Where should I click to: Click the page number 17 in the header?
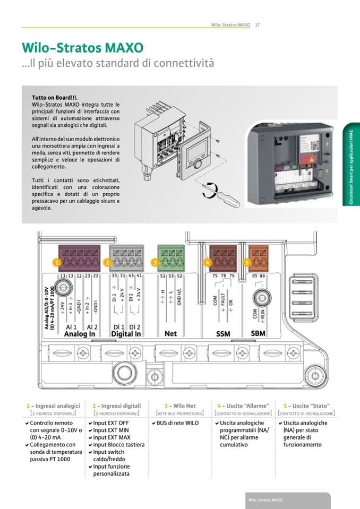click(257, 24)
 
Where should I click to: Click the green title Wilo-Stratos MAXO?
click(82, 48)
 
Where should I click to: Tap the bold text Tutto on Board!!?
click(55, 98)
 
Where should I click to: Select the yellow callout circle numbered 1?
click(56, 262)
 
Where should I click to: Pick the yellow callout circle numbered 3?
click(155, 262)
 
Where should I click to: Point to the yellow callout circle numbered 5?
click(246, 262)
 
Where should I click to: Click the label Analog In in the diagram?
click(80, 334)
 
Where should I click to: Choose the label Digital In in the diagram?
click(126, 334)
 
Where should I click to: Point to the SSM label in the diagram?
click(223, 334)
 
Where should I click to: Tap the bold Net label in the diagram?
click(170, 334)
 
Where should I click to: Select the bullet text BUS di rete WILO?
click(177, 423)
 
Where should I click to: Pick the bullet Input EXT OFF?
click(113, 423)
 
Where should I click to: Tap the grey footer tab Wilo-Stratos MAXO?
click(265, 501)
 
